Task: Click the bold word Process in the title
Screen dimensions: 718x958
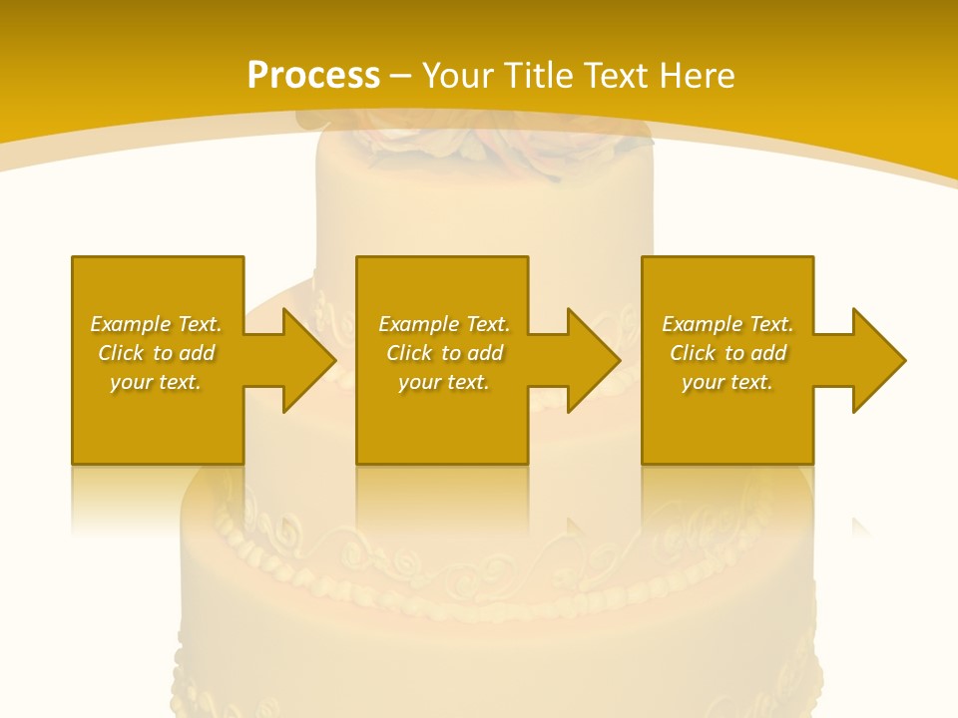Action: (313, 76)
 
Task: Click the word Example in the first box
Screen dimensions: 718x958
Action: (131, 324)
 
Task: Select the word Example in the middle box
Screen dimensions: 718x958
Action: (419, 324)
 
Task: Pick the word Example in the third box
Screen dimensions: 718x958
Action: (703, 324)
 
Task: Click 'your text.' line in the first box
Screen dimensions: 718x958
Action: (156, 382)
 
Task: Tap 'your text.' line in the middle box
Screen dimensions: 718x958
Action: (444, 382)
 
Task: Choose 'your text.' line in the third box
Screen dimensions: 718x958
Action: (727, 382)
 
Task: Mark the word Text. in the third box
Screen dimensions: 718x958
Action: (770, 324)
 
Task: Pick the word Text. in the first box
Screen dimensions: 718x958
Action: (199, 324)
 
